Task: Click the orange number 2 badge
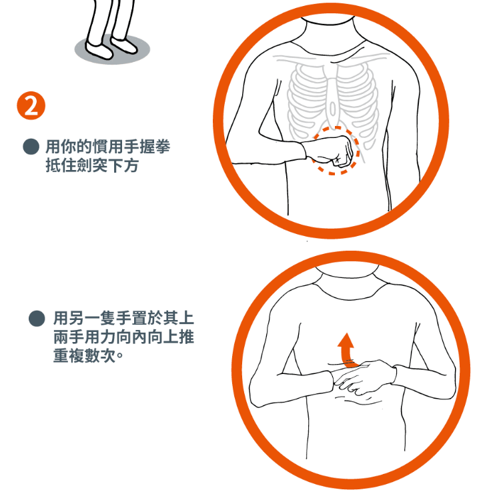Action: (x=31, y=105)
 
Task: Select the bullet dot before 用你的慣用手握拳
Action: (x=31, y=147)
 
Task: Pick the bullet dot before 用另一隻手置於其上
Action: (x=37, y=318)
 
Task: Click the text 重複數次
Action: (x=84, y=355)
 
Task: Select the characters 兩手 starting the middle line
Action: (x=69, y=337)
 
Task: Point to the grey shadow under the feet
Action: (x=112, y=49)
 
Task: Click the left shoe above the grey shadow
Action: (x=99, y=50)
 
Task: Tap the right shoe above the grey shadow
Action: (x=124, y=45)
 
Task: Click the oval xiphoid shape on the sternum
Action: (x=333, y=109)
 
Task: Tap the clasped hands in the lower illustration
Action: (x=364, y=377)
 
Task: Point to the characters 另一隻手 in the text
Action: (x=100, y=318)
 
